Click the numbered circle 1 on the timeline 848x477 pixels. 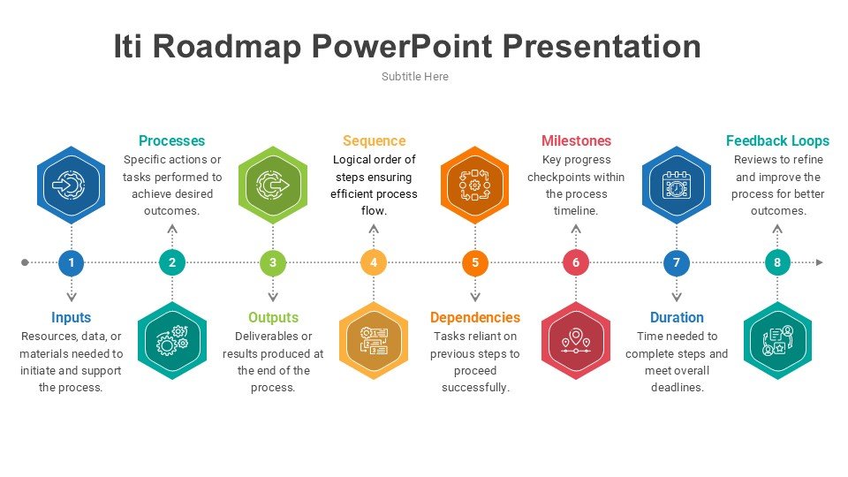pos(71,262)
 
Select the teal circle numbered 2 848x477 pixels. pos(172,262)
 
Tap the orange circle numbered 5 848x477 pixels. pos(475,262)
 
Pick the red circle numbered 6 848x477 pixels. pos(576,262)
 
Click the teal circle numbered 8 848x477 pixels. pos(777,262)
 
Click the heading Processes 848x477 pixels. pos(171,140)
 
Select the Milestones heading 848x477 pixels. pos(576,140)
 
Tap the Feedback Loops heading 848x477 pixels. pos(777,140)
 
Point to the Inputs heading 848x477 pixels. pos(71,317)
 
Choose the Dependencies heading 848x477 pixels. pos(475,317)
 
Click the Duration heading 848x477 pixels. pos(677,317)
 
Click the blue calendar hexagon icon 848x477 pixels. pos(677,185)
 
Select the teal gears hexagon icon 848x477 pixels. pos(172,341)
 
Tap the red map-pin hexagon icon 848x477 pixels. pos(576,341)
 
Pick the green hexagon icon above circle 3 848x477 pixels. pos(273,185)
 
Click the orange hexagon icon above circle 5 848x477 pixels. pos(475,185)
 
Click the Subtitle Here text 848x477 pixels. pos(415,77)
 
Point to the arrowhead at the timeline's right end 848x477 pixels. pos(820,262)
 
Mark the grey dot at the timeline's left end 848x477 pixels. pos(25,262)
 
